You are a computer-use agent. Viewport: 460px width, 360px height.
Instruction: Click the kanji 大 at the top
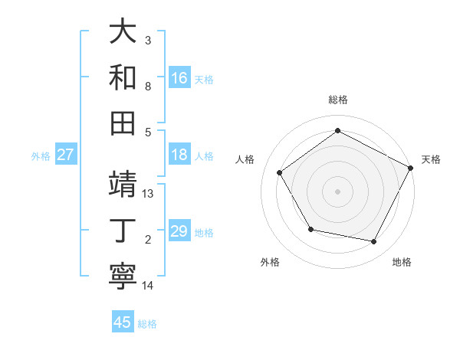click(123, 33)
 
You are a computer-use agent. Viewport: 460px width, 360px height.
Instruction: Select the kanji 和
click(123, 77)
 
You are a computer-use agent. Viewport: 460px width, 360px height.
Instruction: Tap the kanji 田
click(123, 123)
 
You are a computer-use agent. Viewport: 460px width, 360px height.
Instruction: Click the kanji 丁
click(123, 230)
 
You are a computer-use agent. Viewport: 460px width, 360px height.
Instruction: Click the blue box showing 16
click(179, 77)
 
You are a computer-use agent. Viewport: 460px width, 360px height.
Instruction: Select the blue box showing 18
click(179, 155)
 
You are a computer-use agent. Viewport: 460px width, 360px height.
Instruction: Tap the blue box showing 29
click(179, 231)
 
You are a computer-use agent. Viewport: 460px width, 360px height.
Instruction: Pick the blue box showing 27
click(66, 155)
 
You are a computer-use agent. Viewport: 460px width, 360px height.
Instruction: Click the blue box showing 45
click(123, 322)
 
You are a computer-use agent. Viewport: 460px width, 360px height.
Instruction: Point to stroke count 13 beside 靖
click(149, 194)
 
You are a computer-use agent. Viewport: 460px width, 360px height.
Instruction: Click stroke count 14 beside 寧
click(148, 286)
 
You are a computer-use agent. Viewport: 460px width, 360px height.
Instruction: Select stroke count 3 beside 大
click(148, 40)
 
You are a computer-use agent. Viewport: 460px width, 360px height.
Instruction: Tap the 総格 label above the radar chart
click(337, 100)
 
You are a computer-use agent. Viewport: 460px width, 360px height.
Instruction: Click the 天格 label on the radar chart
click(431, 159)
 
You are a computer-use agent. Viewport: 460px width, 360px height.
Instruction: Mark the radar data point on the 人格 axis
click(280, 172)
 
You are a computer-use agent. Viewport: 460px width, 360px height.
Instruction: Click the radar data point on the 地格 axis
click(374, 242)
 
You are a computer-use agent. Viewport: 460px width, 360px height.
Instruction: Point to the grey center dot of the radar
click(337, 191)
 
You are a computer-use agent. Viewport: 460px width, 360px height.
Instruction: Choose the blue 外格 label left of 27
click(41, 155)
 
